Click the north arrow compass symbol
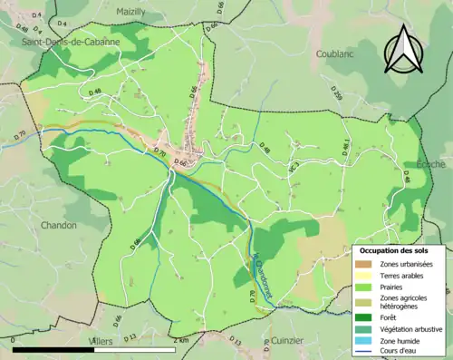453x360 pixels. [405, 49]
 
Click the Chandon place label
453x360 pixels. [59, 225]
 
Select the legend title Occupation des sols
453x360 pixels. [399, 249]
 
